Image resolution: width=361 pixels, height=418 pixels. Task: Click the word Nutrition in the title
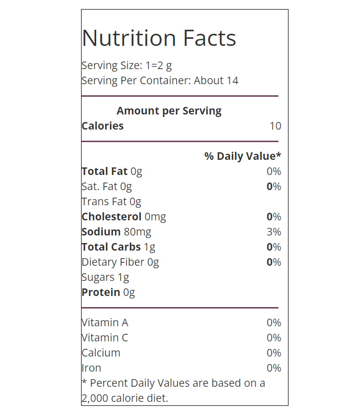(129, 38)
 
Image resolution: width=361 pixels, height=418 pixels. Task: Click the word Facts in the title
(209, 38)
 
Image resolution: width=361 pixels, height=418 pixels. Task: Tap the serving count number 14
(233, 81)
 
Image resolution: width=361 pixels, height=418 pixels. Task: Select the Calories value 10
(275, 126)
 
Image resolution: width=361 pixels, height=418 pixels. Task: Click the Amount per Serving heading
(169, 111)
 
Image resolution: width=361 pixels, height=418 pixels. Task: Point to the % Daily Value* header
(243, 156)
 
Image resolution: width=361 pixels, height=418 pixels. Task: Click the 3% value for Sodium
(274, 231)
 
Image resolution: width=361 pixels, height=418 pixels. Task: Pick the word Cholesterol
(112, 216)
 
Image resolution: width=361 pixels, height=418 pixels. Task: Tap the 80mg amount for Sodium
(137, 232)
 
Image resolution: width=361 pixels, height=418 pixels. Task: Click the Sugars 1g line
(105, 277)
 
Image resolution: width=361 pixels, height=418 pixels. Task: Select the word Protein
(101, 292)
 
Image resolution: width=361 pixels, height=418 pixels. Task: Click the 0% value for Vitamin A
(274, 323)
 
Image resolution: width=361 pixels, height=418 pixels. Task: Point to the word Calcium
(101, 352)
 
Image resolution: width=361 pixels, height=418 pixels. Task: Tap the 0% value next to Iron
(274, 368)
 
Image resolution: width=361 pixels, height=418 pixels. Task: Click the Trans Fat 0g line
(111, 202)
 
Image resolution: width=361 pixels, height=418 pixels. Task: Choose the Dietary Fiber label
(113, 262)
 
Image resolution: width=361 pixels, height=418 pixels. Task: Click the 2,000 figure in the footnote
(95, 398)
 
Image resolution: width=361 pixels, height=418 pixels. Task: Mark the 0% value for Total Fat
(274, 171)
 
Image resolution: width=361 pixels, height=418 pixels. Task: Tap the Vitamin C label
(105, 337)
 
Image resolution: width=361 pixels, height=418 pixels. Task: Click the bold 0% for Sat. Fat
(274, 187)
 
